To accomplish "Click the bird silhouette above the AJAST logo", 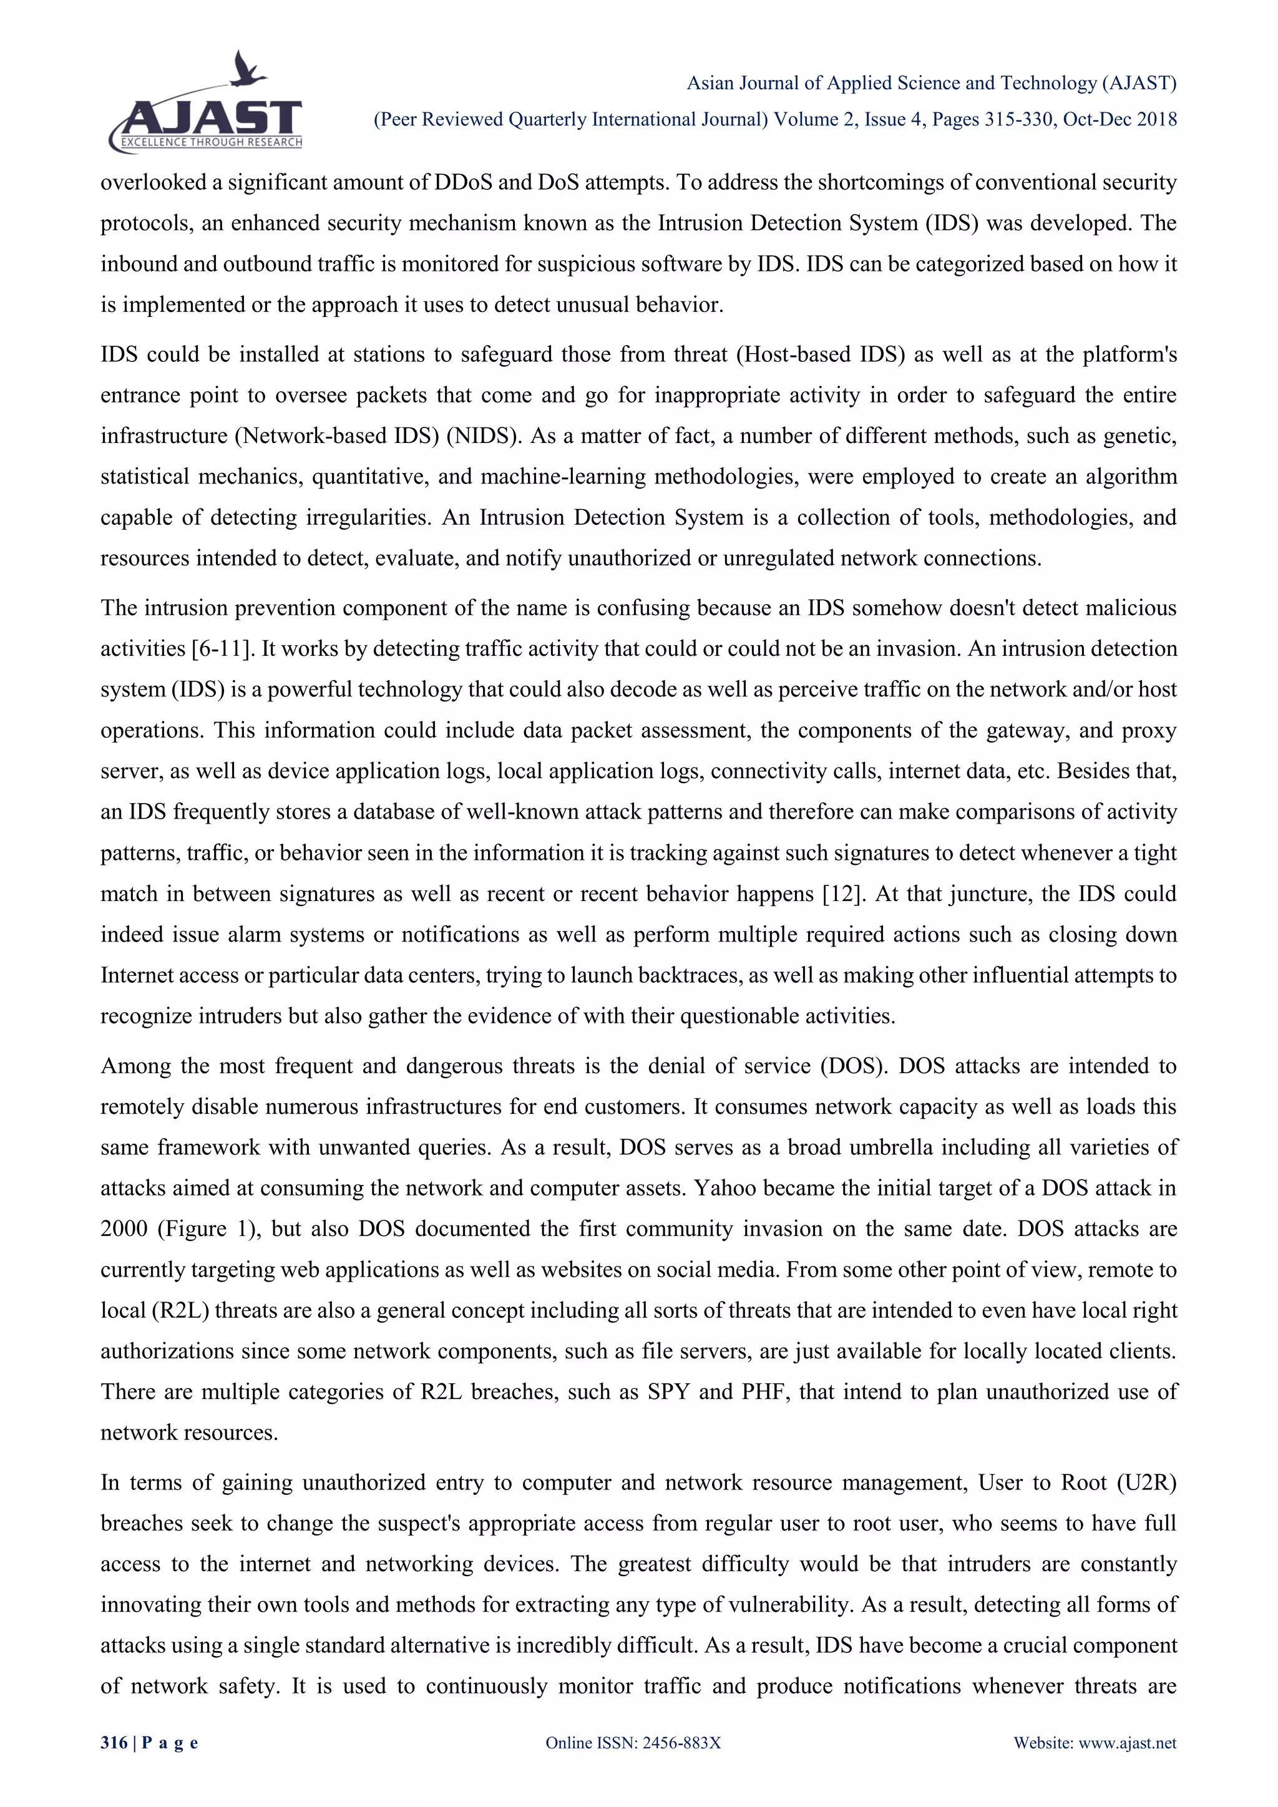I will point(249,69).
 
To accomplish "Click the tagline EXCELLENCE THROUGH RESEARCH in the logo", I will point(211,142).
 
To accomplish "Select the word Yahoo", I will point(724,1187).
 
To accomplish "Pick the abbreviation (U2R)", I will point(1145,1483).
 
